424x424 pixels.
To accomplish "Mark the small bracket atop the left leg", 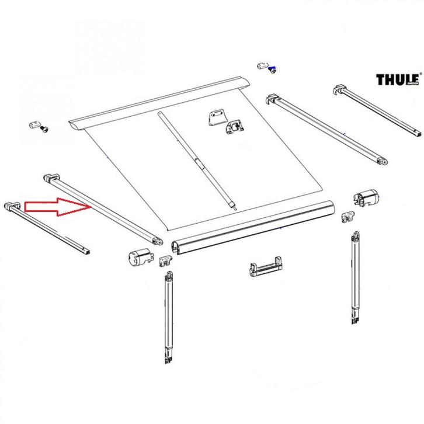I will pyautogui.click(x=166, y=260).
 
